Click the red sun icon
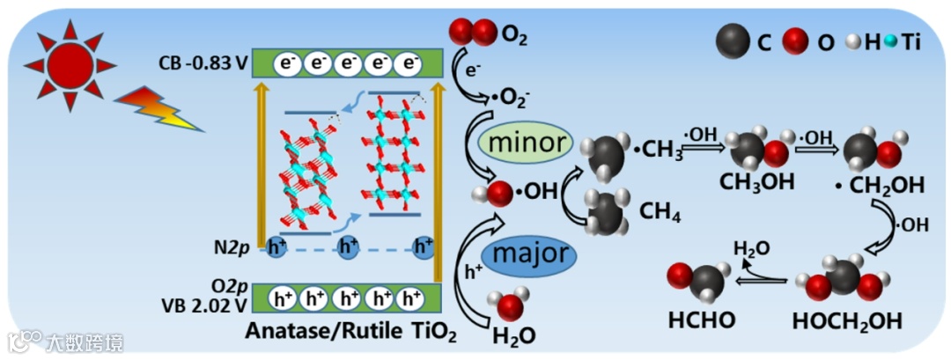click(x=70, y=65)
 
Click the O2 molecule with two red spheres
click(x=473, y=33)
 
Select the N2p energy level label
click(x=235, y=248)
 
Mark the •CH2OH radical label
click(x=884, y=186)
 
